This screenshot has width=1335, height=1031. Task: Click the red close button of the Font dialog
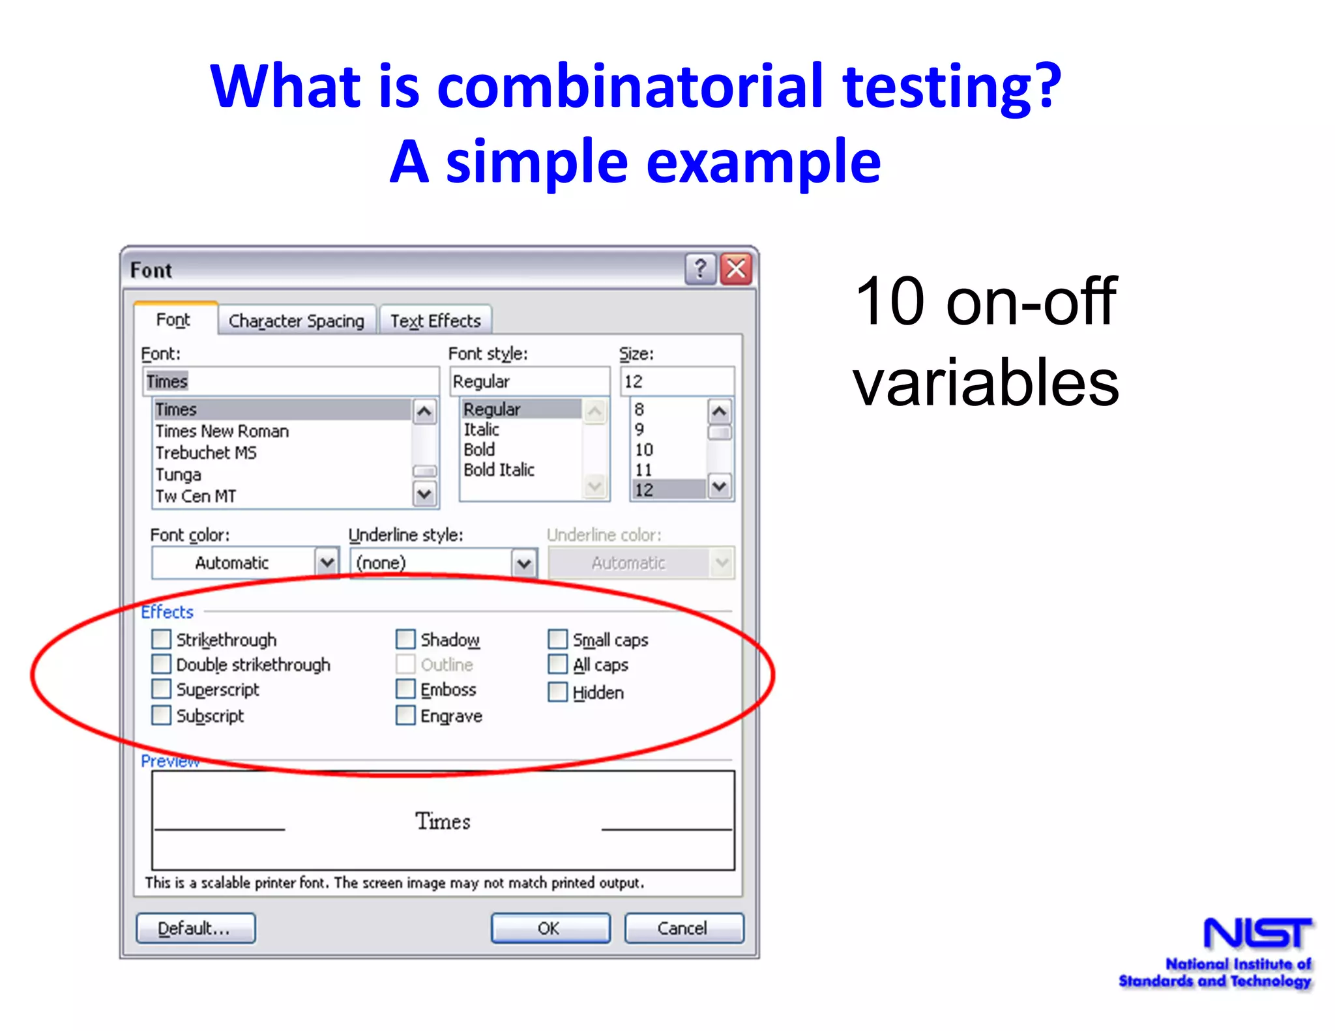pos(737,269)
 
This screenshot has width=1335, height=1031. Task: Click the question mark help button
pos(700,269)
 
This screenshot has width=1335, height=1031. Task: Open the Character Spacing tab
pos(297,321)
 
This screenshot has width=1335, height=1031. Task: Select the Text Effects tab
pos(435,321)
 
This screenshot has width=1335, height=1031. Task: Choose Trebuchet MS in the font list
pos(206,453)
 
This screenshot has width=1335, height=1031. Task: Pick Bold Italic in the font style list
pos(499,470)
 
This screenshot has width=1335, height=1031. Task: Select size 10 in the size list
pos(644,450)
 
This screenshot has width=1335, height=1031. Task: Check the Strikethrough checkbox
pos(161,639)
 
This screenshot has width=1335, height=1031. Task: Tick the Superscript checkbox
pos(161,689)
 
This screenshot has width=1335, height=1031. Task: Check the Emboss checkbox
pos(405,689)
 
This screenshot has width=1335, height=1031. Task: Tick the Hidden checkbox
pos(558,691)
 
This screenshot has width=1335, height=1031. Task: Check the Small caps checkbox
pos(558,639)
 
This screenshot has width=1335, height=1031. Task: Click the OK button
pos(550,928)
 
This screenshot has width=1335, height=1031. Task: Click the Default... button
pos(196,928)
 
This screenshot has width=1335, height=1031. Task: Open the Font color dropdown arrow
pos(327,562)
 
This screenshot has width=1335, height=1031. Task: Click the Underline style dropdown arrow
pos(524,562)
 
